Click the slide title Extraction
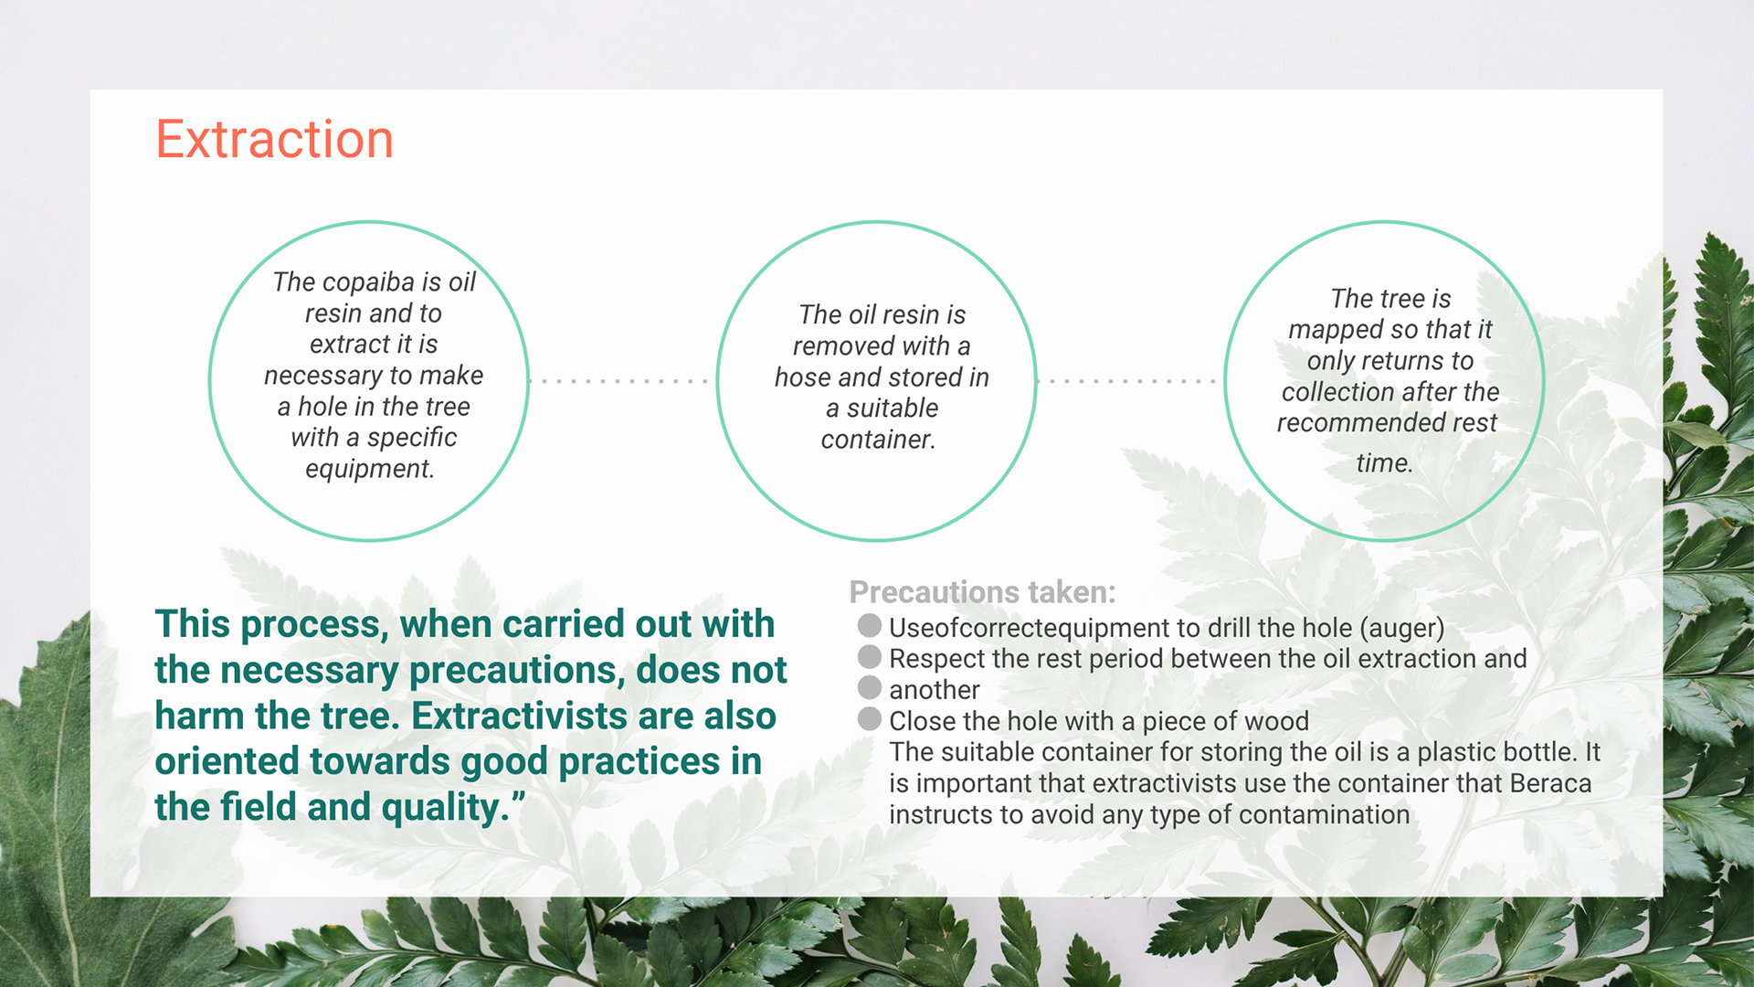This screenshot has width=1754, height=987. pyautogui.click(x=274, y=140)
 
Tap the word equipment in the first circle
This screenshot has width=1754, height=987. pyautogui.click(x=369, y=469)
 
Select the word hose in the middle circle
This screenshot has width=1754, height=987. pyautogui.click(x=803, y=377)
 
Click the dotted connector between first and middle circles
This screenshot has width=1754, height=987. pyautogui.click(x=619, y=381)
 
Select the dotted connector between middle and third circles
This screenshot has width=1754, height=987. pyautogui.click(x=1127, y=381)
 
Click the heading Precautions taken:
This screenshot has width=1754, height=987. pyautogui.click(x=982, y=592)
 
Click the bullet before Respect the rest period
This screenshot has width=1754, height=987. pyautogui.click(x=870, y=656)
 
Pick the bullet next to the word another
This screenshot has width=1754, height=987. pyautogui.click(x=870, y=687)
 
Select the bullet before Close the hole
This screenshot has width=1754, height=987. pyautogui.click(x=870, y=718)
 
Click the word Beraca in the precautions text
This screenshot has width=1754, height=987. pyautogui.click(x=1550, y=783)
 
